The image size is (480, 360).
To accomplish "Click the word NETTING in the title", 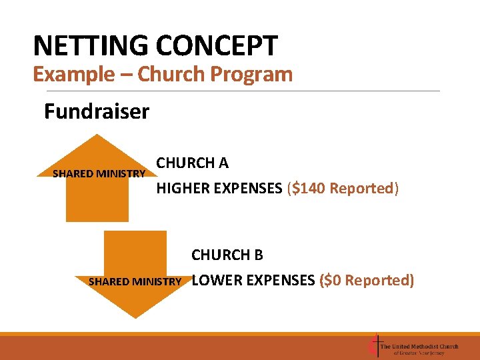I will (x=91, y=46).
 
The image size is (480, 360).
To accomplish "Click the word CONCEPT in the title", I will (x=217, y=46).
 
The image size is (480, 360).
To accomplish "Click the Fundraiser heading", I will (x=97, y=111).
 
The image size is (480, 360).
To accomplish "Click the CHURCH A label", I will (x=192, y=163).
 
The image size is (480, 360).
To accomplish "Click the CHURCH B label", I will (x=227, y=255).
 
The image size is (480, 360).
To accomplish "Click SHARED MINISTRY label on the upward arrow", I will (x=99, y=174).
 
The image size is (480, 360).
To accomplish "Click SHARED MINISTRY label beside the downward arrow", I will (x=135, y=282).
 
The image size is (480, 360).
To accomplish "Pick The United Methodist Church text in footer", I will (x=419, y=346).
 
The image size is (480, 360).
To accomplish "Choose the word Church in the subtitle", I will (x=173, y=74).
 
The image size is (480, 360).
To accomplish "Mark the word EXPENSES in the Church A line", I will (x=251, y=189).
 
